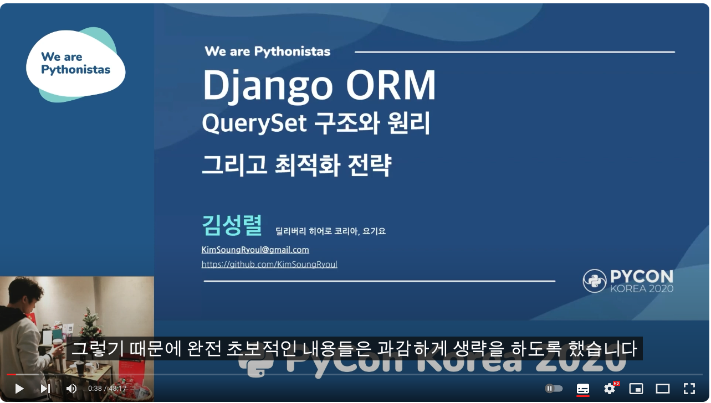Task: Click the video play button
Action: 19,389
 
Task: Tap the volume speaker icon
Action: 71,389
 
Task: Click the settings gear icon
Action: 610,389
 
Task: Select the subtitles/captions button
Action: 583,389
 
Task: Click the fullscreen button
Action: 689,389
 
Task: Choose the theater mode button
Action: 663,389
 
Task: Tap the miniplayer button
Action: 636,389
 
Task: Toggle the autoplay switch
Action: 554,389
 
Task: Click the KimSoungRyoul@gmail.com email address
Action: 255,250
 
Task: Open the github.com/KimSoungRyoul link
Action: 269,265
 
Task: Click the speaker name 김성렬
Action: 231,225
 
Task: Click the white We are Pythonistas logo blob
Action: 75,64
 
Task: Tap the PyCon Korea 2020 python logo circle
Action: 594,281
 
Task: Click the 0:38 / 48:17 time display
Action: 107,389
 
